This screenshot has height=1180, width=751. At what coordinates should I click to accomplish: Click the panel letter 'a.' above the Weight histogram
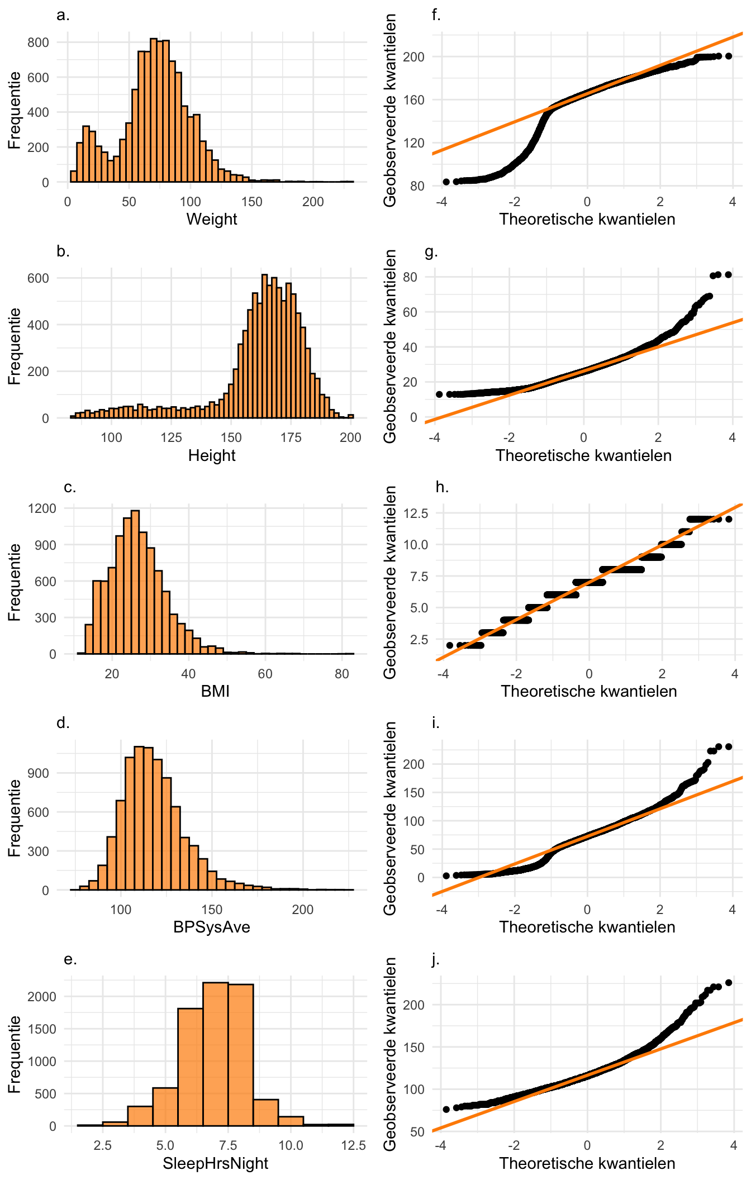63,15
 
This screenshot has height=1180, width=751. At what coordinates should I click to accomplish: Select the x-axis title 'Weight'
211,219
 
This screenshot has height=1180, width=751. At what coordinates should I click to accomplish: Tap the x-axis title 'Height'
211,455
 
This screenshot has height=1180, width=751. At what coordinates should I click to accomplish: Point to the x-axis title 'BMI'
215,691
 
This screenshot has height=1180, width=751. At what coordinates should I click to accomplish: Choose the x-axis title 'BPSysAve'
211,927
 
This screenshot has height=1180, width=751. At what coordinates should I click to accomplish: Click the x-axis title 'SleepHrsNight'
215,1163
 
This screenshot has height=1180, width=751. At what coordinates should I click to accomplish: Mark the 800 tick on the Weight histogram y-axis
38,42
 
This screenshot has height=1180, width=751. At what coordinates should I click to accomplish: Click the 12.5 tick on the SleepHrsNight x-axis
353,1145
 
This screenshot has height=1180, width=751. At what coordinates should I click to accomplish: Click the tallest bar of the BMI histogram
135,581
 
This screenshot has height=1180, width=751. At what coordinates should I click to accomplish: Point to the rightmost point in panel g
728,274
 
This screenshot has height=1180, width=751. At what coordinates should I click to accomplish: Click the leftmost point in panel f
446,182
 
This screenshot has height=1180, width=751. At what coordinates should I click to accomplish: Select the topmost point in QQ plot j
728,983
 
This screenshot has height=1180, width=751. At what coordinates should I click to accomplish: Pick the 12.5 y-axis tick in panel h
417,513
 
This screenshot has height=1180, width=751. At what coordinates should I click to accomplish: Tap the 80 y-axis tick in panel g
410,277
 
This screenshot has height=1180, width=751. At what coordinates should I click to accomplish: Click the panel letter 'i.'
436,723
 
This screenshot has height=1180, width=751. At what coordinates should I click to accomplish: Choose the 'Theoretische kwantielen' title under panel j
587,1163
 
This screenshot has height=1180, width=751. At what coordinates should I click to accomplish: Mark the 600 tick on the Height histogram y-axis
38,278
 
